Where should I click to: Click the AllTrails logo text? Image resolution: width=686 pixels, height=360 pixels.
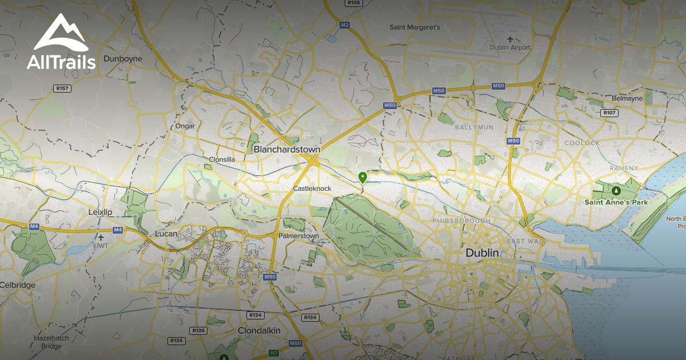61,62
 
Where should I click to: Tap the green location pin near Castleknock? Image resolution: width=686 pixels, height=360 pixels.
362,177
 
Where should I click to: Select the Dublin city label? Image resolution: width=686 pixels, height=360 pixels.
482,253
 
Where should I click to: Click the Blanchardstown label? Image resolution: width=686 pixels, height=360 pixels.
287,149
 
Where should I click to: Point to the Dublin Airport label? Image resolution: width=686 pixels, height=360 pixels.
510,47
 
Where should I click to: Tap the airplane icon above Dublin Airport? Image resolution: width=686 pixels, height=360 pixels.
510,38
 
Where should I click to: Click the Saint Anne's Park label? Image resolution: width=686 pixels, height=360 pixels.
616,202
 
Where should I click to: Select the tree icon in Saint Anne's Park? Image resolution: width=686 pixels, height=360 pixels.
616,191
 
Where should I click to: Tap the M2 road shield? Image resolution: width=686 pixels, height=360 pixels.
344,25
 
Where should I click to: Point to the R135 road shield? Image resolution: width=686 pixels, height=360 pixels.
354,3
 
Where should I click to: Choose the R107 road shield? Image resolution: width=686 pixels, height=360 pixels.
609,113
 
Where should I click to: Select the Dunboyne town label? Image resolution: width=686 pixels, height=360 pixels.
123,58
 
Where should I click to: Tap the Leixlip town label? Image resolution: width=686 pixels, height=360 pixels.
101,212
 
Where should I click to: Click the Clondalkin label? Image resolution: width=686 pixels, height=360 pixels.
258,330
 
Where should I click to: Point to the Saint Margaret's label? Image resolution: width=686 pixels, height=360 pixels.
414,27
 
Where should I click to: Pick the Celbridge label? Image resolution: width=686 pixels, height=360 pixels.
17,285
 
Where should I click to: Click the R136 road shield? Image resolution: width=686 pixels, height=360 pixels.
198,330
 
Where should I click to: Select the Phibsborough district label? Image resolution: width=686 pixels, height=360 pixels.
461,221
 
